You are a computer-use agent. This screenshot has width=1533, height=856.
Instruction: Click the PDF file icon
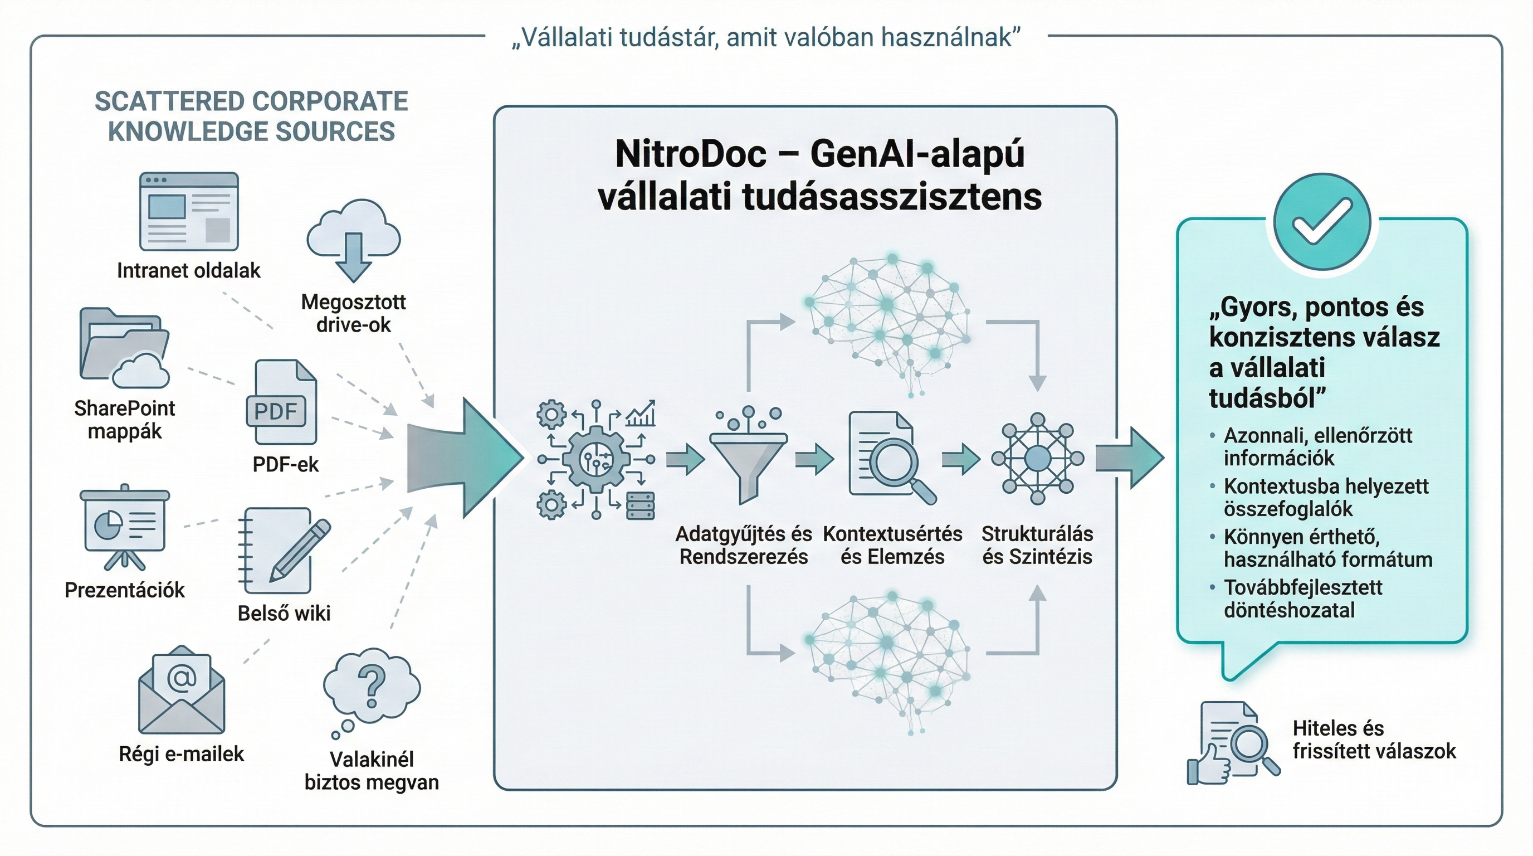pos(281,403)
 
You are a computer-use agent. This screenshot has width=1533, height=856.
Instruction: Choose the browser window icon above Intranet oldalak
pos(189,212)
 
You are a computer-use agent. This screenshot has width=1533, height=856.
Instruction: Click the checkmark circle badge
pos(1322,222)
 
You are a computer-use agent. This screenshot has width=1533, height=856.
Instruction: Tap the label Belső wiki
pos(284,613)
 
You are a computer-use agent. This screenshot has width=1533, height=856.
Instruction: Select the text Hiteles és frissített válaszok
pos(1374,740)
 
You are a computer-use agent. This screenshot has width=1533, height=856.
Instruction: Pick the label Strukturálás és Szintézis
pos(1037,545)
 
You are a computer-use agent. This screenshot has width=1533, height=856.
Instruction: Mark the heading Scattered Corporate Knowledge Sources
pos(251,116)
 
